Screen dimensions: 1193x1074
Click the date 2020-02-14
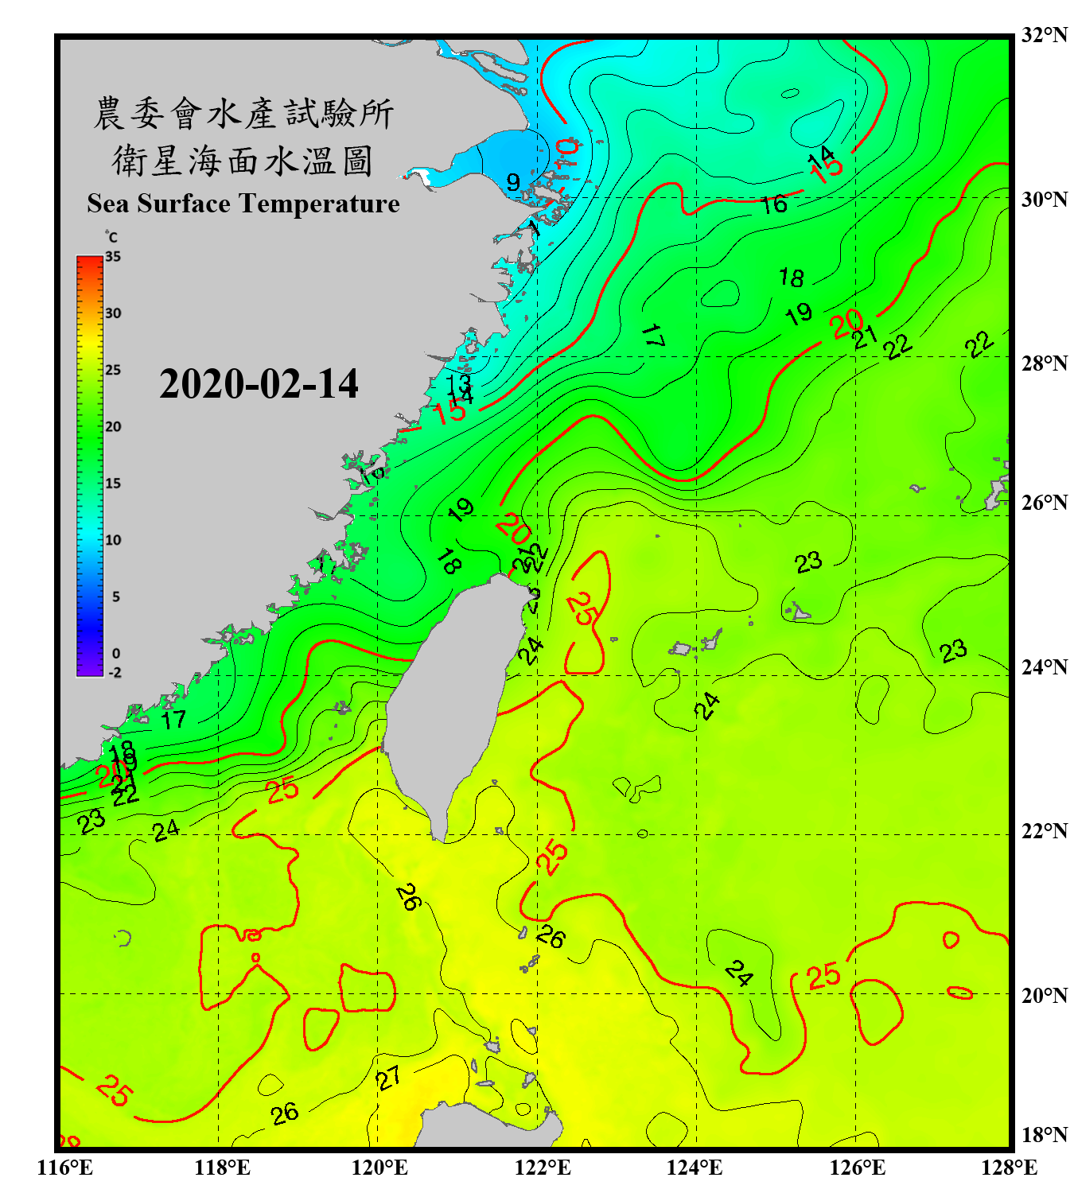(x=259, y=384)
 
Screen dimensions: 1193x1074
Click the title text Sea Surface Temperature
(x=243, y=204)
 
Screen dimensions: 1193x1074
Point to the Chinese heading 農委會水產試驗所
(x=243, y=114)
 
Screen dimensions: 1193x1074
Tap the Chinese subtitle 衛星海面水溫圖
(x=243, y=161)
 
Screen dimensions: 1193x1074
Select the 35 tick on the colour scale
(x=113, y=257)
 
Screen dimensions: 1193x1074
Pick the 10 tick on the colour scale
(x=113, y=540)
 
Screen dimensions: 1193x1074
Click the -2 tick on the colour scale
(x=115, y=672)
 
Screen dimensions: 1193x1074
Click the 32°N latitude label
(x=1044, y=35)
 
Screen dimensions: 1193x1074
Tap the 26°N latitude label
(x=1044, y=503)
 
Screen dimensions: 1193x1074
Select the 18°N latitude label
(x=1044, y=1135)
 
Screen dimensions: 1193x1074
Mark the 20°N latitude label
(x=1044, y=995)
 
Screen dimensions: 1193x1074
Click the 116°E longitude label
(x=65, y=1168)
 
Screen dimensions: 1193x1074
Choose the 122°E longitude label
(x=543, y=1168)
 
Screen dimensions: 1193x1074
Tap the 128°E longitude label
(x=1009, y=1168)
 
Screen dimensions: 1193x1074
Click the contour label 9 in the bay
(x=513, y=182)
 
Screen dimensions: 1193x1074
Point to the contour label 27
(x=388, y=1079)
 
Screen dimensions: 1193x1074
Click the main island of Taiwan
(x=446, y=700)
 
